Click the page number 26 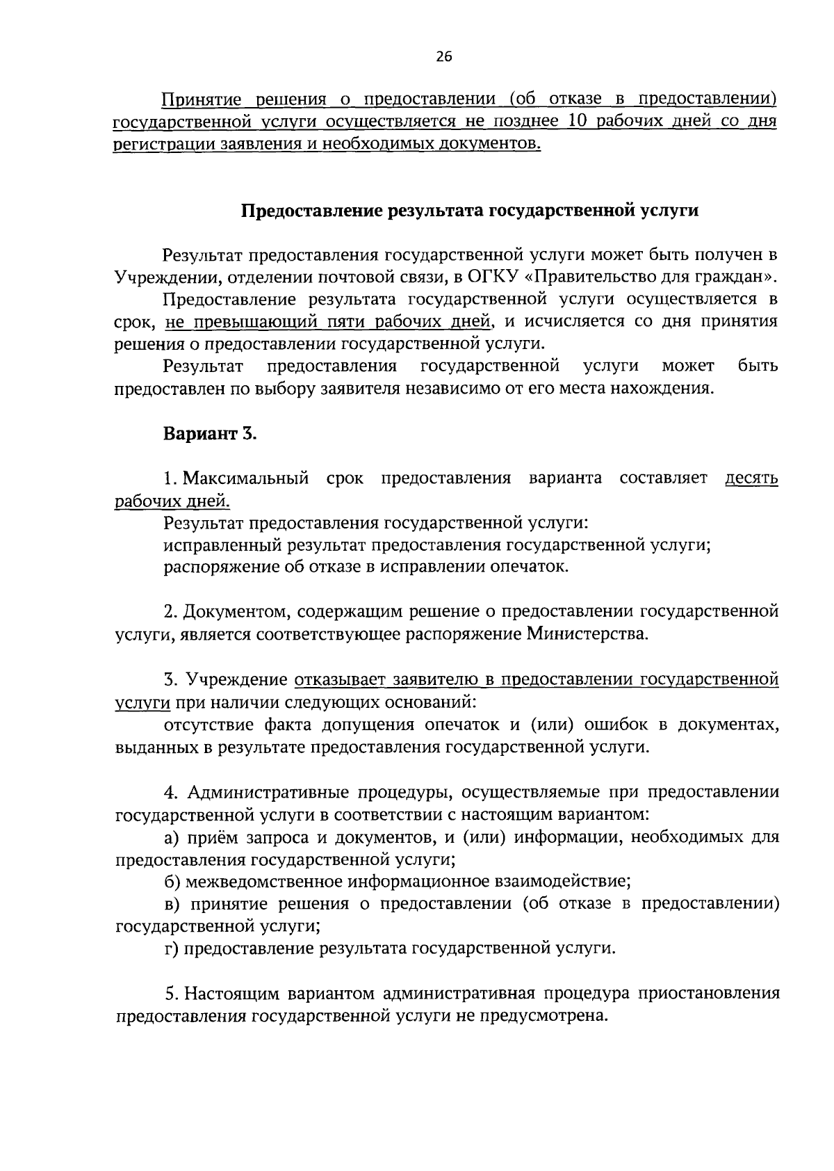[444, 58]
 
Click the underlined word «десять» [751, 478]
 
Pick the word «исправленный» [213, 545]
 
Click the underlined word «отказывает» [339, 679]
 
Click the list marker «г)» [173, 948]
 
